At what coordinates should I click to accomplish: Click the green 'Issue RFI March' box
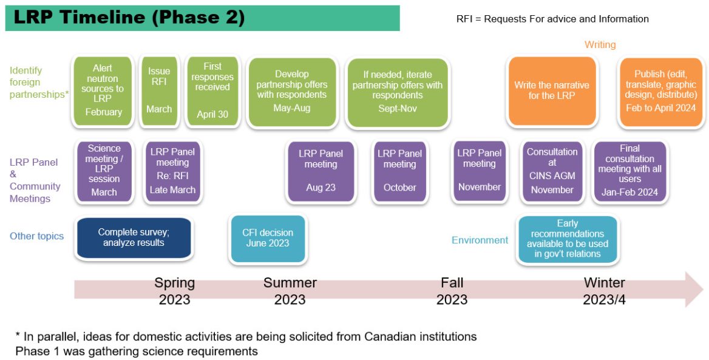point(159,90)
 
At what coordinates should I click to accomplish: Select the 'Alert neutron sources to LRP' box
point(103,90)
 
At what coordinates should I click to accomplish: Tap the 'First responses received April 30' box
point(212,90)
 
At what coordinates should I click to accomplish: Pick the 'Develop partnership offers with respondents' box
point(292,92)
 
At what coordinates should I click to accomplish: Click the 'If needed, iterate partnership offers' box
point(398,92)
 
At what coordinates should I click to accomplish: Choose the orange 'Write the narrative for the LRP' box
point(551,90)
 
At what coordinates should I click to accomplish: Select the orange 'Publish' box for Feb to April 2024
point(661,92)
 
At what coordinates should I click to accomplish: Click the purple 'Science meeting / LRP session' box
point(104,171)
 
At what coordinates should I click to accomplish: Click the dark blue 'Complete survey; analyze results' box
point(134,238)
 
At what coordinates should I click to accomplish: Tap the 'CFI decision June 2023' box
point(268,238)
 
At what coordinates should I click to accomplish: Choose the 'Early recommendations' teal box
point(567,239)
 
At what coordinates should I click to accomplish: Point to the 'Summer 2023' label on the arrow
point(290,291)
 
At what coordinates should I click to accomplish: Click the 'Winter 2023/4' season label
point(604,291)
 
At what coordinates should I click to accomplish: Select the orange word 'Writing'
point(600,44)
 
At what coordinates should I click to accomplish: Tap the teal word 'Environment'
point(480,240)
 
